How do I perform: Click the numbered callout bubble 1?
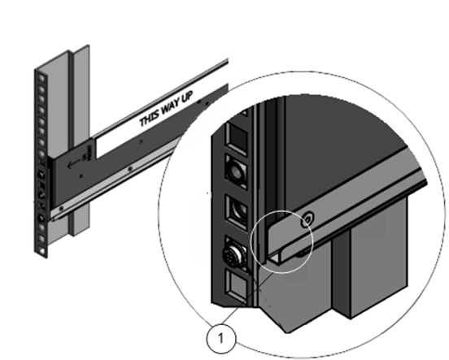tap(221, 339)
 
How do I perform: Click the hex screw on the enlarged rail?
tap(307, 219)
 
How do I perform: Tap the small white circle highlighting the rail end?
tap(282, 242)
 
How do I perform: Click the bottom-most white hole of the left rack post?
tap(41, 251)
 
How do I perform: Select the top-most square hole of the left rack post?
tap(41, 78)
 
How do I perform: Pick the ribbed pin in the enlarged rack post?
tap(234, 254)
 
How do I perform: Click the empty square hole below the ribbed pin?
tap(237, 285)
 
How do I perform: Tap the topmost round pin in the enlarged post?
tap(235, 172)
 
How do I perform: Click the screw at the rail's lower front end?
tap(61, 208)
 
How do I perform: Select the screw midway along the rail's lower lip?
tap(130, 169)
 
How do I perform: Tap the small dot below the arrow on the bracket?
tap(81, 176)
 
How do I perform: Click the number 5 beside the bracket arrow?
tap(85, 157)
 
